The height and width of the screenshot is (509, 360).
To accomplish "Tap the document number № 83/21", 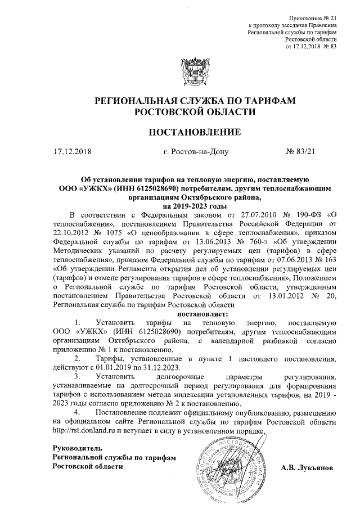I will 302,151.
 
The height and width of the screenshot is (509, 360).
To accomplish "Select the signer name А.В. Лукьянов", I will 310,468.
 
